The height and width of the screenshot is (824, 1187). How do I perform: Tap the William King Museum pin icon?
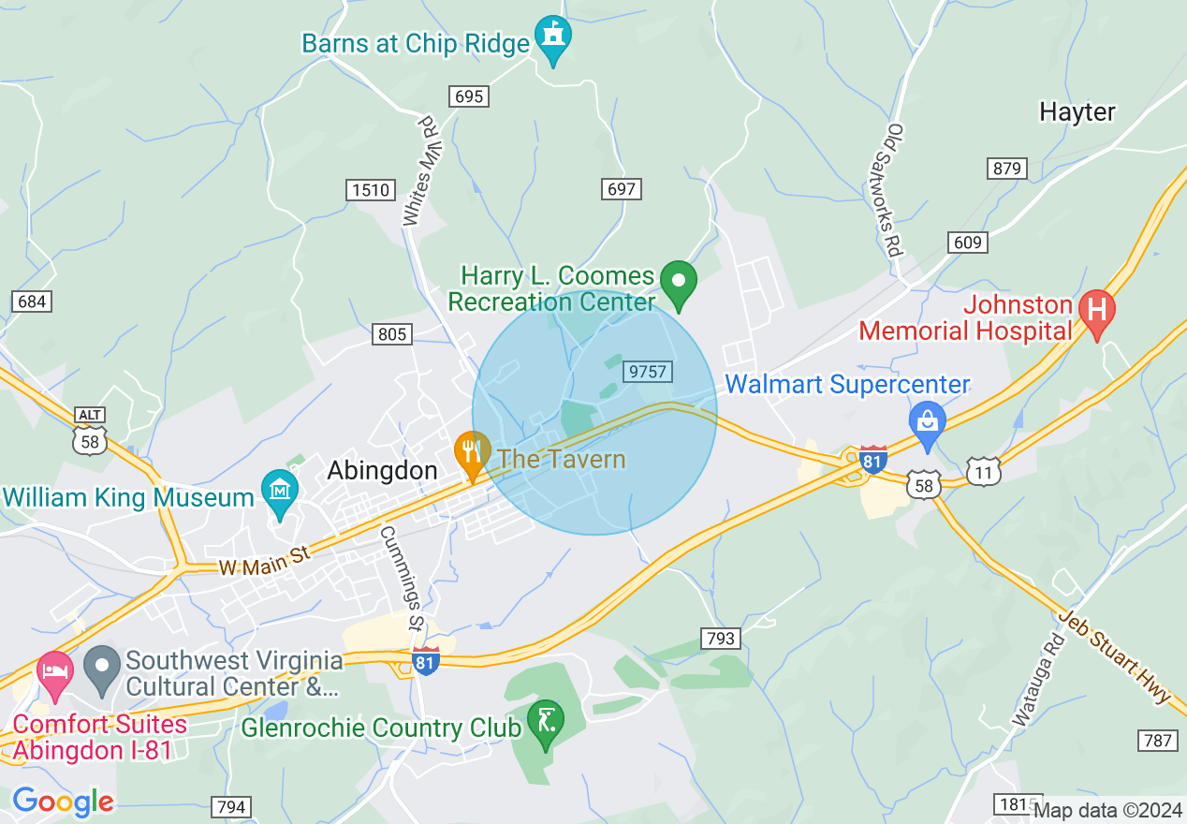tap(279, 491)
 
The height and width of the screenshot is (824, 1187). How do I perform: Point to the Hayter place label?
tap(1077, 112)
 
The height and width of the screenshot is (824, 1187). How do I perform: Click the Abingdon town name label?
tap(382, 471)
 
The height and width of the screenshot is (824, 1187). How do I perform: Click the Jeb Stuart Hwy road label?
tap(1114, 656)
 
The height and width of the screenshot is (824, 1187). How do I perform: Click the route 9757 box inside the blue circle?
tap(648, 372)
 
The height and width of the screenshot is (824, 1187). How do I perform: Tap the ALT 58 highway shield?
tap(91, 433)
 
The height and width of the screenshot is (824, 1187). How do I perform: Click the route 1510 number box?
tap(370, 190)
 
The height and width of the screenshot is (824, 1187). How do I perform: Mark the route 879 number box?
tap(1007, 169)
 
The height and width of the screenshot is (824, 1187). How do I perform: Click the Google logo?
tap(63, 802)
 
